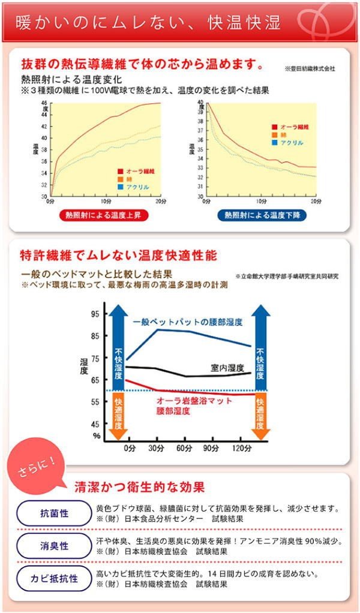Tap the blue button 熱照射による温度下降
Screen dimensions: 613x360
pos(261,215)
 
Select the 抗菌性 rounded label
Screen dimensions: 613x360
pos(54,513)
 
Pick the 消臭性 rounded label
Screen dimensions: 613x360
pos(54,546)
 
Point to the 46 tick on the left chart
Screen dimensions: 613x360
pos(44,103)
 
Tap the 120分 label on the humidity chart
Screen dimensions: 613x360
pos(241,449)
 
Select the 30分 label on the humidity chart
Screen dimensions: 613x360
pos(157,449)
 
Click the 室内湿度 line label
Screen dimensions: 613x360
pos(227,367)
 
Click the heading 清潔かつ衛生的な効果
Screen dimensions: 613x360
pos(139,486)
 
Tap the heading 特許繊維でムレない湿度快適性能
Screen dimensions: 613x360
pos(119,256)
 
